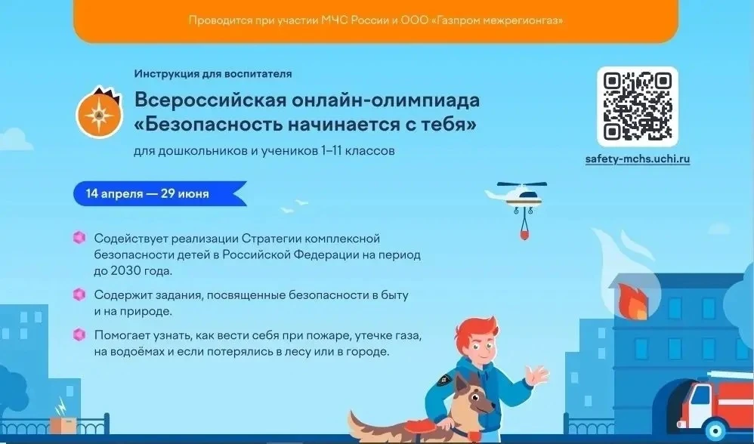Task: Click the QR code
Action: click(x=638, y=106)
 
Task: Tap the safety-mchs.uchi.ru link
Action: click(x=638, y=159)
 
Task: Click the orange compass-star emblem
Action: click(x=100, y=113)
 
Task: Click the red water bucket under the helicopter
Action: click(x=524, y=235)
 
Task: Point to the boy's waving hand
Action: click(x=536, y=375)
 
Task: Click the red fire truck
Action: click(x=716, y=406)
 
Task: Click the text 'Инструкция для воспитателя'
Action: click(x=213, y=74)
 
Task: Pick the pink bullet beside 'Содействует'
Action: click(x=79, y=237)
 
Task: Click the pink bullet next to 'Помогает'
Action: click(x=79, y=335)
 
